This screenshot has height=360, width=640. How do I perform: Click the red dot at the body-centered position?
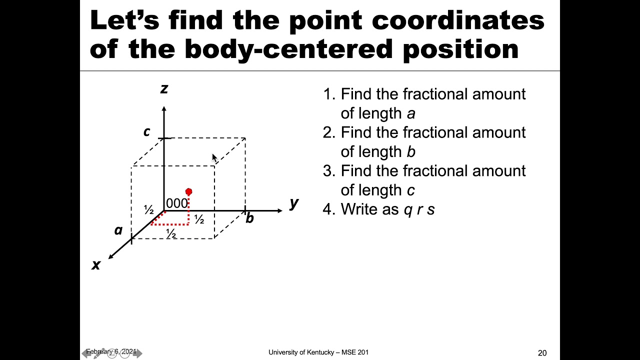[x=188, y=192]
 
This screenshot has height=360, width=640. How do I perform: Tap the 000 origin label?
[x=176, y=203]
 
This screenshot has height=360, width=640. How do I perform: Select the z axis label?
[x=163, y=89]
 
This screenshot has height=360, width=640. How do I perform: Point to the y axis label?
[x=294, y=202]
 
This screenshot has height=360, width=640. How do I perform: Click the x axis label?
[x=96, y=264]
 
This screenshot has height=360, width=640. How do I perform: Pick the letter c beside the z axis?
[x=146, y=131]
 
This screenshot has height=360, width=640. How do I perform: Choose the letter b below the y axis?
[x=249, y=218]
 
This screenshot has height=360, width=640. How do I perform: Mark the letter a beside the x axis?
[x=118, y=230]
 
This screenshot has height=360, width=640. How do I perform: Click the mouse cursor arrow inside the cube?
[x=214, y=158]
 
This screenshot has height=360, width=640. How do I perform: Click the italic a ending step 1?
[x=411, y=113]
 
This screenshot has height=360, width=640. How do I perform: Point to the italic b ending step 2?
[x=411, y=152]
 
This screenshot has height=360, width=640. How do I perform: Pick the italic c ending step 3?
[x=410, y=190]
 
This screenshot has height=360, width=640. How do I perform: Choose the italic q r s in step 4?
[x=419, y=209]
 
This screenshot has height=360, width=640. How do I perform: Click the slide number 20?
[x=542, y=353]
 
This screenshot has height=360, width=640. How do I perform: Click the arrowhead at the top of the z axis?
[x=163, y=108]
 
